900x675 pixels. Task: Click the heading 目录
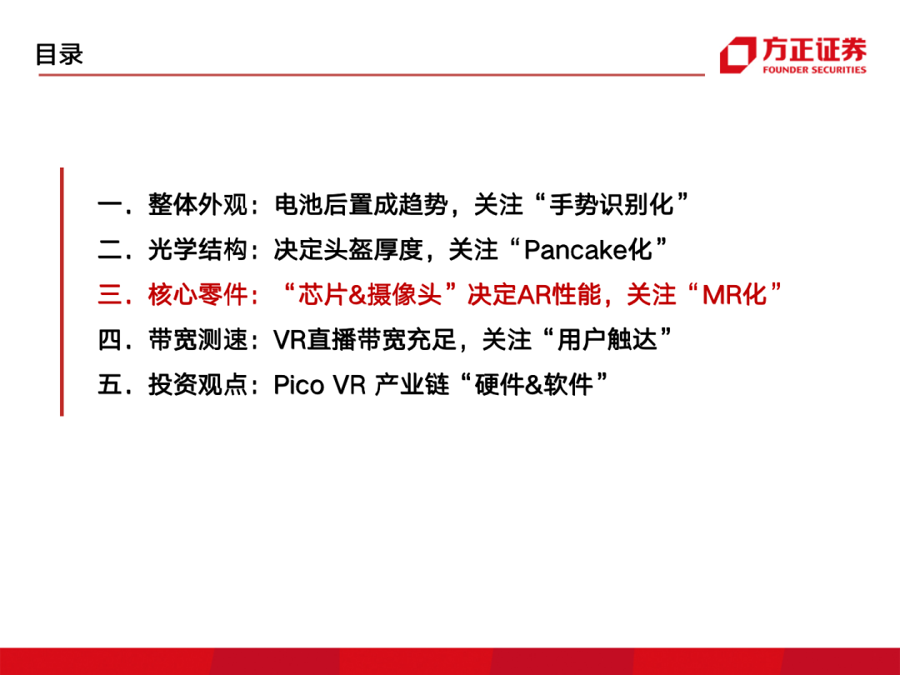pos(59,54)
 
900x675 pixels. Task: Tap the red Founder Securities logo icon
pos(738,55)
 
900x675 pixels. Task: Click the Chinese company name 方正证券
pos(814,49)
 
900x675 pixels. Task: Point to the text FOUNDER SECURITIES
pos(814,70)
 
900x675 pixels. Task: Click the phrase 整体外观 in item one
pos(197,204)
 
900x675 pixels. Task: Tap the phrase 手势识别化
pos(611,204)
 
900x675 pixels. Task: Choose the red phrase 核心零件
pos(197,294)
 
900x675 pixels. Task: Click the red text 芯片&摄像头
pos(370,294)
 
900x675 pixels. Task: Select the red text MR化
pos(735,294)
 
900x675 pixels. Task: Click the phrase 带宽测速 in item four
pos(197,339)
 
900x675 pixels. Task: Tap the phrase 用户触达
pos(607,339)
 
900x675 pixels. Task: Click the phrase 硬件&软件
pos(534,384)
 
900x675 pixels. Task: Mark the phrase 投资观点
pos(197,384)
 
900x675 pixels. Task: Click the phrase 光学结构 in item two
pos(197,250)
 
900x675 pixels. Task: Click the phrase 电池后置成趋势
pos(361,204)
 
